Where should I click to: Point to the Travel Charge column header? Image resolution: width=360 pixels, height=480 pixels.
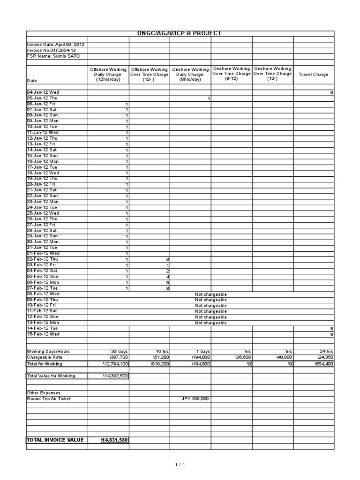(x=314, y=74)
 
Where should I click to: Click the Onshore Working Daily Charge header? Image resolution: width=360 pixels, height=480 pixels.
(x=190, y=75)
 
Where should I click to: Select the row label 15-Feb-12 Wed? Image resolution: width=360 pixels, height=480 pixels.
(x=43, y=334)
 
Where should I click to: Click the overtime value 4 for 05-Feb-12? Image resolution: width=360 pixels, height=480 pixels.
(x=167, y=277)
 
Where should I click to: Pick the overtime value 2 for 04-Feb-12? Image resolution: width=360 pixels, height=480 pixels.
(x=167, y=271)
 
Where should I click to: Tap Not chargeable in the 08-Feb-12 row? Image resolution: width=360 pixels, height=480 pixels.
(x=210, y=294)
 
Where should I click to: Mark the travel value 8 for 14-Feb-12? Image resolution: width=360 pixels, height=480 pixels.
(x=331, y=329)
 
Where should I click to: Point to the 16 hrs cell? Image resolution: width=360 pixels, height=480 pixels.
(x=162, y=351)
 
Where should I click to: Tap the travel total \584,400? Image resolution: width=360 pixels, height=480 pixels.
(x=322, y=363)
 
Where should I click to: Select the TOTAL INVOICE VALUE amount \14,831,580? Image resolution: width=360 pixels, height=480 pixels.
(x=114, y=440)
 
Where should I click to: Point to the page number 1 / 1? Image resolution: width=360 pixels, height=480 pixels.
(x=180, y=465)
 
